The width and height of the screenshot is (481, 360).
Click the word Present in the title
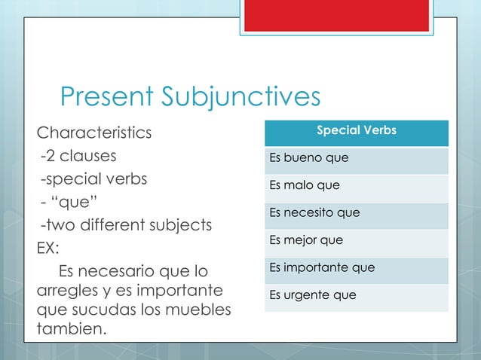105,97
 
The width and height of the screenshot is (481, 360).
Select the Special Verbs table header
356,132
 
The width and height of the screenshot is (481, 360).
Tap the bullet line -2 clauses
78,157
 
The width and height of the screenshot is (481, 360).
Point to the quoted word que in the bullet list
79,203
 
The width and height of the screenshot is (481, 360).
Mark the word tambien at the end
72,330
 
